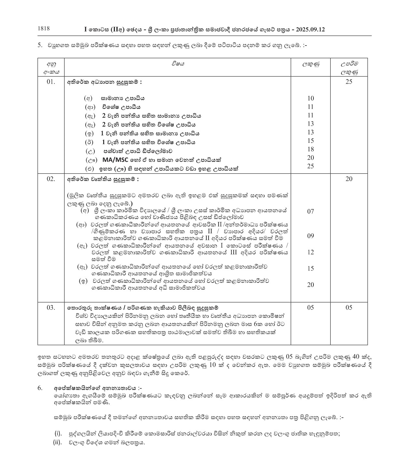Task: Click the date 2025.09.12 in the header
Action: coord(310,30)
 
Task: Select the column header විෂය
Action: coord(178,64)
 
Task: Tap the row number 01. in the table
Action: coord(51,82)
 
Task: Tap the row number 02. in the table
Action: coord(51,179)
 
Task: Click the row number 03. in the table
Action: coord(51,308)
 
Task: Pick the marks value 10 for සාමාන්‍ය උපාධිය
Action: coord(311,98)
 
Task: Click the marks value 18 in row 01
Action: coord(311,149)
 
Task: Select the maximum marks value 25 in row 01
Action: coord(349,82)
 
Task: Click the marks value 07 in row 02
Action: coord(311,212)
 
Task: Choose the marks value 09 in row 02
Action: coord(311,236)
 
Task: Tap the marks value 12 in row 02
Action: coord(311,252)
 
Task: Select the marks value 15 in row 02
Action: coord(311,268)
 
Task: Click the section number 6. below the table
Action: coord(40,388)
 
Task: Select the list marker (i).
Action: coord(58,433)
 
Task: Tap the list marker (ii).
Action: coord(57,442)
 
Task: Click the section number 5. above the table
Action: coord(40,45)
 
